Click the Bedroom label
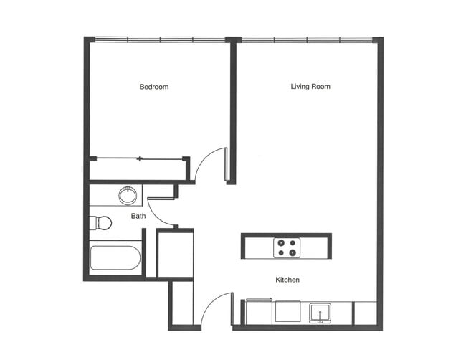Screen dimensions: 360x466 click(153, 87)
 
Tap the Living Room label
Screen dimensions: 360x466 click(310, 87)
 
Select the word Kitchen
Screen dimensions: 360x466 click(287, 280)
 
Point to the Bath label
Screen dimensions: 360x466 click(138, 215)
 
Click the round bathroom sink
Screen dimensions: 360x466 click(128, 195)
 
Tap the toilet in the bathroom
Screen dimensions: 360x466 click(101, 222)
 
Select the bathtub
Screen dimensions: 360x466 click(115, 258)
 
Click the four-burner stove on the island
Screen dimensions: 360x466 click(287, 247)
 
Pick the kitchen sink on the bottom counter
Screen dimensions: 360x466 click(320, 313)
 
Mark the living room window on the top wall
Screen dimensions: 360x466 click(307, 39)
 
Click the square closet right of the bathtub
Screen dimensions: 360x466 click(175, 254)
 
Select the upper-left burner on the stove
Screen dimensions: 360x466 click(281, 242)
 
